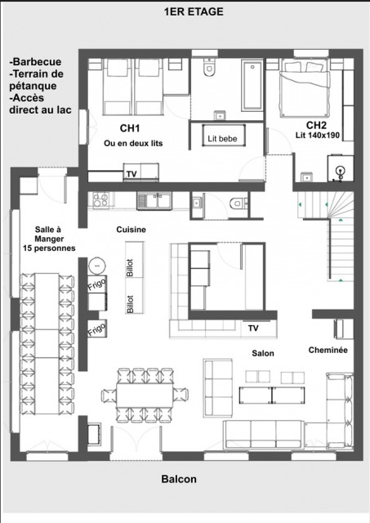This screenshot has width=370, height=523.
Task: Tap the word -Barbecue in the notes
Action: click(x=36, y=61)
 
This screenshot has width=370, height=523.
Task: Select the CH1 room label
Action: click(x=131, y=128)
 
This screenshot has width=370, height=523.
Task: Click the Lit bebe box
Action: click(x=222, y=138)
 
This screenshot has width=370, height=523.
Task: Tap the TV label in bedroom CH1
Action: click(x=131, y=173)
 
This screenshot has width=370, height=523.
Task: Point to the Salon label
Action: click(x=263, y=353)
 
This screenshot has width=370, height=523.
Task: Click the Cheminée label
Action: click(x=329, y=350)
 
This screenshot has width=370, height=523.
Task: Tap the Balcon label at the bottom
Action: click(x=179, y=481)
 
